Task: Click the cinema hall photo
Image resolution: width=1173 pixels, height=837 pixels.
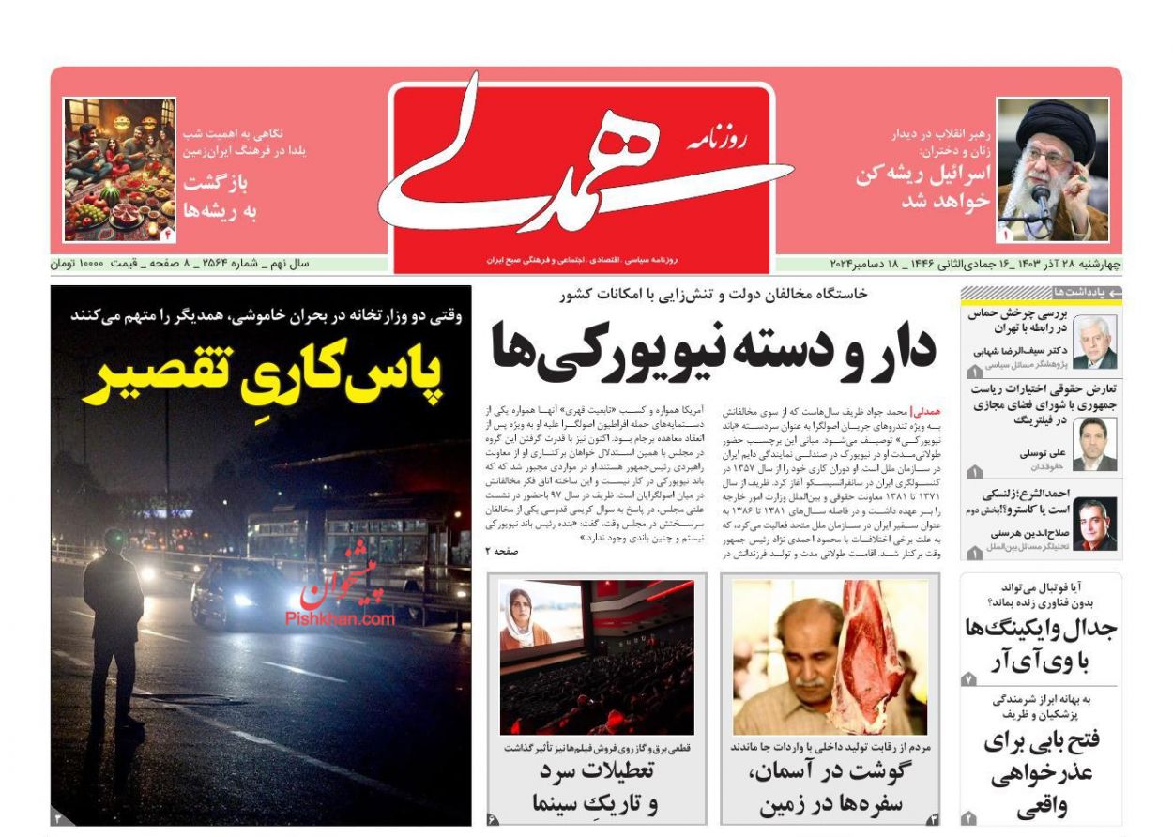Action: [x=597, y=657]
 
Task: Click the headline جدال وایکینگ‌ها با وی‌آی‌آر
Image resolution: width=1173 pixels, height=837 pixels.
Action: [x=1040, y=645]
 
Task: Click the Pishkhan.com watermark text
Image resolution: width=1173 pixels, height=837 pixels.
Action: [x=340, y=619]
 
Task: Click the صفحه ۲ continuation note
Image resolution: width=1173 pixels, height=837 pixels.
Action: [x=501, y=552]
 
